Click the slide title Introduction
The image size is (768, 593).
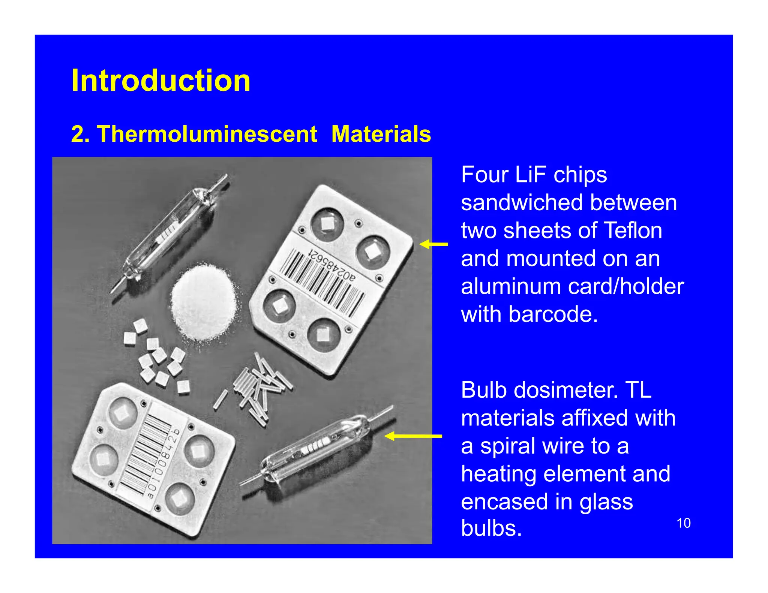(x=160, y=81)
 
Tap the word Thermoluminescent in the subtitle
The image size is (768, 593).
(x=207, y=134)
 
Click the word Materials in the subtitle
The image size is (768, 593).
(x=381, y=134)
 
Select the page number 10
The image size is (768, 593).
(x=683, y=523)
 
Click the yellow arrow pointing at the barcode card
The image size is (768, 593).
(x=434, y=244)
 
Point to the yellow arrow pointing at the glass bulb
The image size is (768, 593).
(x=413, y=436)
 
